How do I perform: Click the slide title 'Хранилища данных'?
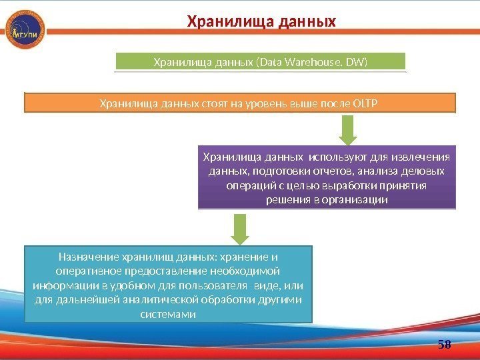pos(261,23)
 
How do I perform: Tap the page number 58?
pos(445,344)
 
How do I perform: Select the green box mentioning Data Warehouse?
pos(261,62)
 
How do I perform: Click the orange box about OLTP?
pos(240,103)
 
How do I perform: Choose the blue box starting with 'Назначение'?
pos(168,285)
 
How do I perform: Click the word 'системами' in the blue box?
pos(169,314)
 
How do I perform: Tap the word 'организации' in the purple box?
pos(359,199)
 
